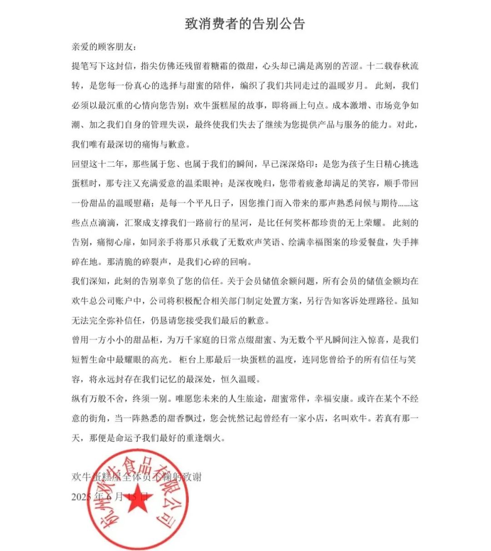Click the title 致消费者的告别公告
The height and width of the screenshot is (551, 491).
click(245, 24)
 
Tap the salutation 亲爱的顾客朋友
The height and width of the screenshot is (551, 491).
click(104, 47)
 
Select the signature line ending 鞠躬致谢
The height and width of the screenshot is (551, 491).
click(136, 477)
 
